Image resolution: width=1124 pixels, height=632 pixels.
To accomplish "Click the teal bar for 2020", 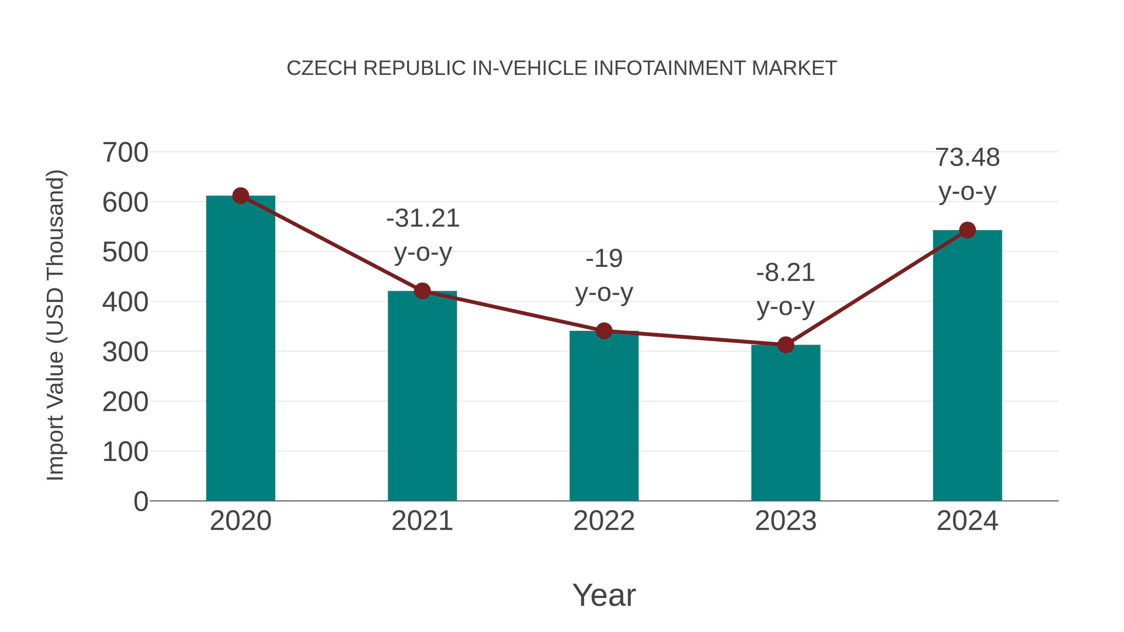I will click(x=240, y=349).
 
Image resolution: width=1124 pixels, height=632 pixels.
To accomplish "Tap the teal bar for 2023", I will click(x=786, y=423).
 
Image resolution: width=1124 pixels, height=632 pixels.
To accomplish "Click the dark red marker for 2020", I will click(x=240, y=196).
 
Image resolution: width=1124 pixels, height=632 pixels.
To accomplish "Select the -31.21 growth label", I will click(x=423, y=218).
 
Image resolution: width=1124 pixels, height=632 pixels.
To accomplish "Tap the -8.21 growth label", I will click(x=786, y=273).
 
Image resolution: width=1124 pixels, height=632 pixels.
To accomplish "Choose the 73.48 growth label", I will click(x=967, y=158).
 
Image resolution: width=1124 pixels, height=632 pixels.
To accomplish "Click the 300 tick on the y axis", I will click(x=125, y=352).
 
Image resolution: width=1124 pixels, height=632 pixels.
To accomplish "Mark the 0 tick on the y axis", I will click(x=140, y=502).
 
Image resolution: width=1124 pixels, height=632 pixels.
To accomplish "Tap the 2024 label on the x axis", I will click(x=967, y=521).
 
